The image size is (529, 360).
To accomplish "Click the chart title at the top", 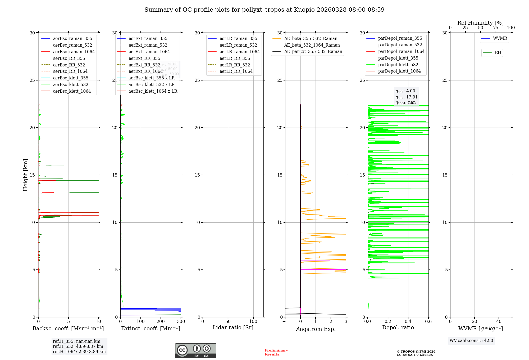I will (x=264, y=10).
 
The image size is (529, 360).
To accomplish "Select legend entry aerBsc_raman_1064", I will (x=74, y=52).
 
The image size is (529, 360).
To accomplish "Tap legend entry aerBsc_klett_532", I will (x=70, y=84).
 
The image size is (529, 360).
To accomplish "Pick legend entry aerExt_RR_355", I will (x=144, y=58).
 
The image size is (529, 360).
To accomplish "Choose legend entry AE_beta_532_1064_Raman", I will (x=312, y=45).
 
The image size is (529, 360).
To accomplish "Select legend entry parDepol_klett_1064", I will (x=399, y=71).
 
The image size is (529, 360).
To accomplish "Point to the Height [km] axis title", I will (x=25, y=175).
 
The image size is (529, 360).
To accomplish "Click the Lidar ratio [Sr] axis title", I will (x=233, y=327).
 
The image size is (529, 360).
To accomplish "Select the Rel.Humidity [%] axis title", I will (x=480, y=23).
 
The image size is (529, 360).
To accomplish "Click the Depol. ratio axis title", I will (x=398, y=327).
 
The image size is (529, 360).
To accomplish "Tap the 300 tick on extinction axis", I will (x=181, y=322).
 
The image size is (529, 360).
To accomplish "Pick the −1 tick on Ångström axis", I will (x=285, y=322).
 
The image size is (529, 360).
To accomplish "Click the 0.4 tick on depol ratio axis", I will (x=408, y=322).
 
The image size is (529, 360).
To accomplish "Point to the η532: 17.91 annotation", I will (x=406, y=97).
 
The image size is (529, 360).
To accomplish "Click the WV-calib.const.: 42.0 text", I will (x=471, y=340).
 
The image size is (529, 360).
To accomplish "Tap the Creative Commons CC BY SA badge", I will (x=195, y=350).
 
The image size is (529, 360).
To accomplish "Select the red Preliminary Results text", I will (x=276, y=352).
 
